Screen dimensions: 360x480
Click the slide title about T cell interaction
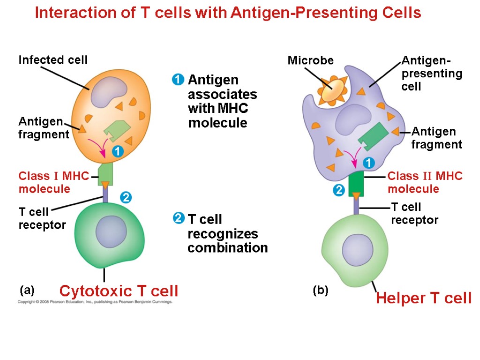point(228,13)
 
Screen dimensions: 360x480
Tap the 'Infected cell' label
point(53,60)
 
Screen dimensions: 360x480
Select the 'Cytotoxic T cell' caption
point(119,291)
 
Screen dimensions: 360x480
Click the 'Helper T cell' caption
point(424,298)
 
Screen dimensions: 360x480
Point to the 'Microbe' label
point(310,60)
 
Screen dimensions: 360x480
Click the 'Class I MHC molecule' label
point(53,182)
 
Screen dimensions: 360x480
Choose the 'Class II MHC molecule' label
point(425,182)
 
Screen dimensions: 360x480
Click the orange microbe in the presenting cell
point(333,89)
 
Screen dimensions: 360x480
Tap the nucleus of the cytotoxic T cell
point(111,232)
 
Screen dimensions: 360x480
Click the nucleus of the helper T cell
point(357,248)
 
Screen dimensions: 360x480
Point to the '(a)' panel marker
point(27,290)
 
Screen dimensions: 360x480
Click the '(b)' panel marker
point(321,291)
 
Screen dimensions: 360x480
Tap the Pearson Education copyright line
point(95,302)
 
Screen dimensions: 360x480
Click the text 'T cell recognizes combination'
point(227,233)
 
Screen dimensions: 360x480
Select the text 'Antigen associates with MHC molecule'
point(222,101)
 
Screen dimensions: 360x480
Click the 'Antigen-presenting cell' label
point(431,73)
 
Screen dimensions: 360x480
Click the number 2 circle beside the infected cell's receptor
point(125,197)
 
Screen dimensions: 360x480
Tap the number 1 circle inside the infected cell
point(117,152)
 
